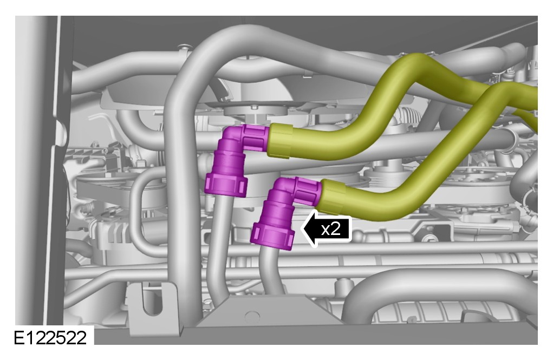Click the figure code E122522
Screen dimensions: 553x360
coord(50,337)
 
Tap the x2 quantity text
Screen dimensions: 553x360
coord(331,230)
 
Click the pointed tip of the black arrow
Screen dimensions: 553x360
coord(302,229)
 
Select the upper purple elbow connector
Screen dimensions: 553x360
coord(236,159)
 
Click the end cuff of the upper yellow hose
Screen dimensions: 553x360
coord(279,141)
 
